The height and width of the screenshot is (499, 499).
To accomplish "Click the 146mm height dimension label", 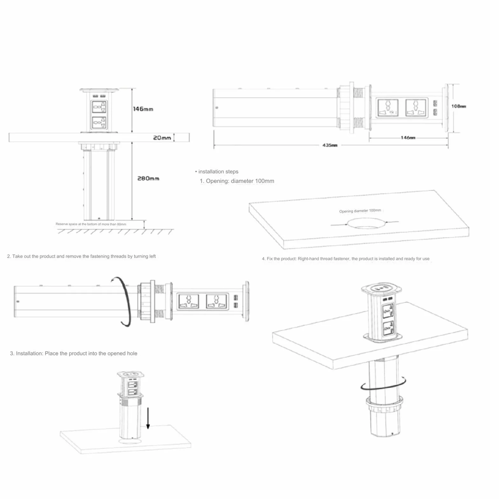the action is click(143, 109).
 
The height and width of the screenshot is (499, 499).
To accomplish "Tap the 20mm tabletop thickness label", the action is click(162, 138).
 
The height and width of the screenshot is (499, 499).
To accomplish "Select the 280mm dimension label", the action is click(148, 179).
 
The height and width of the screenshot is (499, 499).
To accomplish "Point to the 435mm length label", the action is click(330, 145).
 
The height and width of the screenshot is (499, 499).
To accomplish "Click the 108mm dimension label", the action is click(459, 106).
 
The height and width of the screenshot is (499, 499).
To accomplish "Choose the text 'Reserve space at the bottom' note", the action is click(91, 224).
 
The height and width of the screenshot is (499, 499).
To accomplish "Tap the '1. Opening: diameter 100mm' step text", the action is click(237, 181).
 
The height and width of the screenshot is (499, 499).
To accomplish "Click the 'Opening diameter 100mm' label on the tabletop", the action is click(360, 211).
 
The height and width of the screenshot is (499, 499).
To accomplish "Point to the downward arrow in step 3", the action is click(148, 418).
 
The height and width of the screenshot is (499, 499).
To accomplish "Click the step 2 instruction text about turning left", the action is click(81, 256).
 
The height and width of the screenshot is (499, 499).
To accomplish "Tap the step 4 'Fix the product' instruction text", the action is click(346, 259).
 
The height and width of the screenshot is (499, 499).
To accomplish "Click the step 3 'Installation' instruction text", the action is click(74, 353).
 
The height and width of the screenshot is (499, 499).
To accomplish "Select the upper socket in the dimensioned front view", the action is click(99, 107).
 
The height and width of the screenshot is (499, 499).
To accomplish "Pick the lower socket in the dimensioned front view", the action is click(99, 123).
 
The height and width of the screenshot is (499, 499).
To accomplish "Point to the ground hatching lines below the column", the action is click(116, 231).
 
